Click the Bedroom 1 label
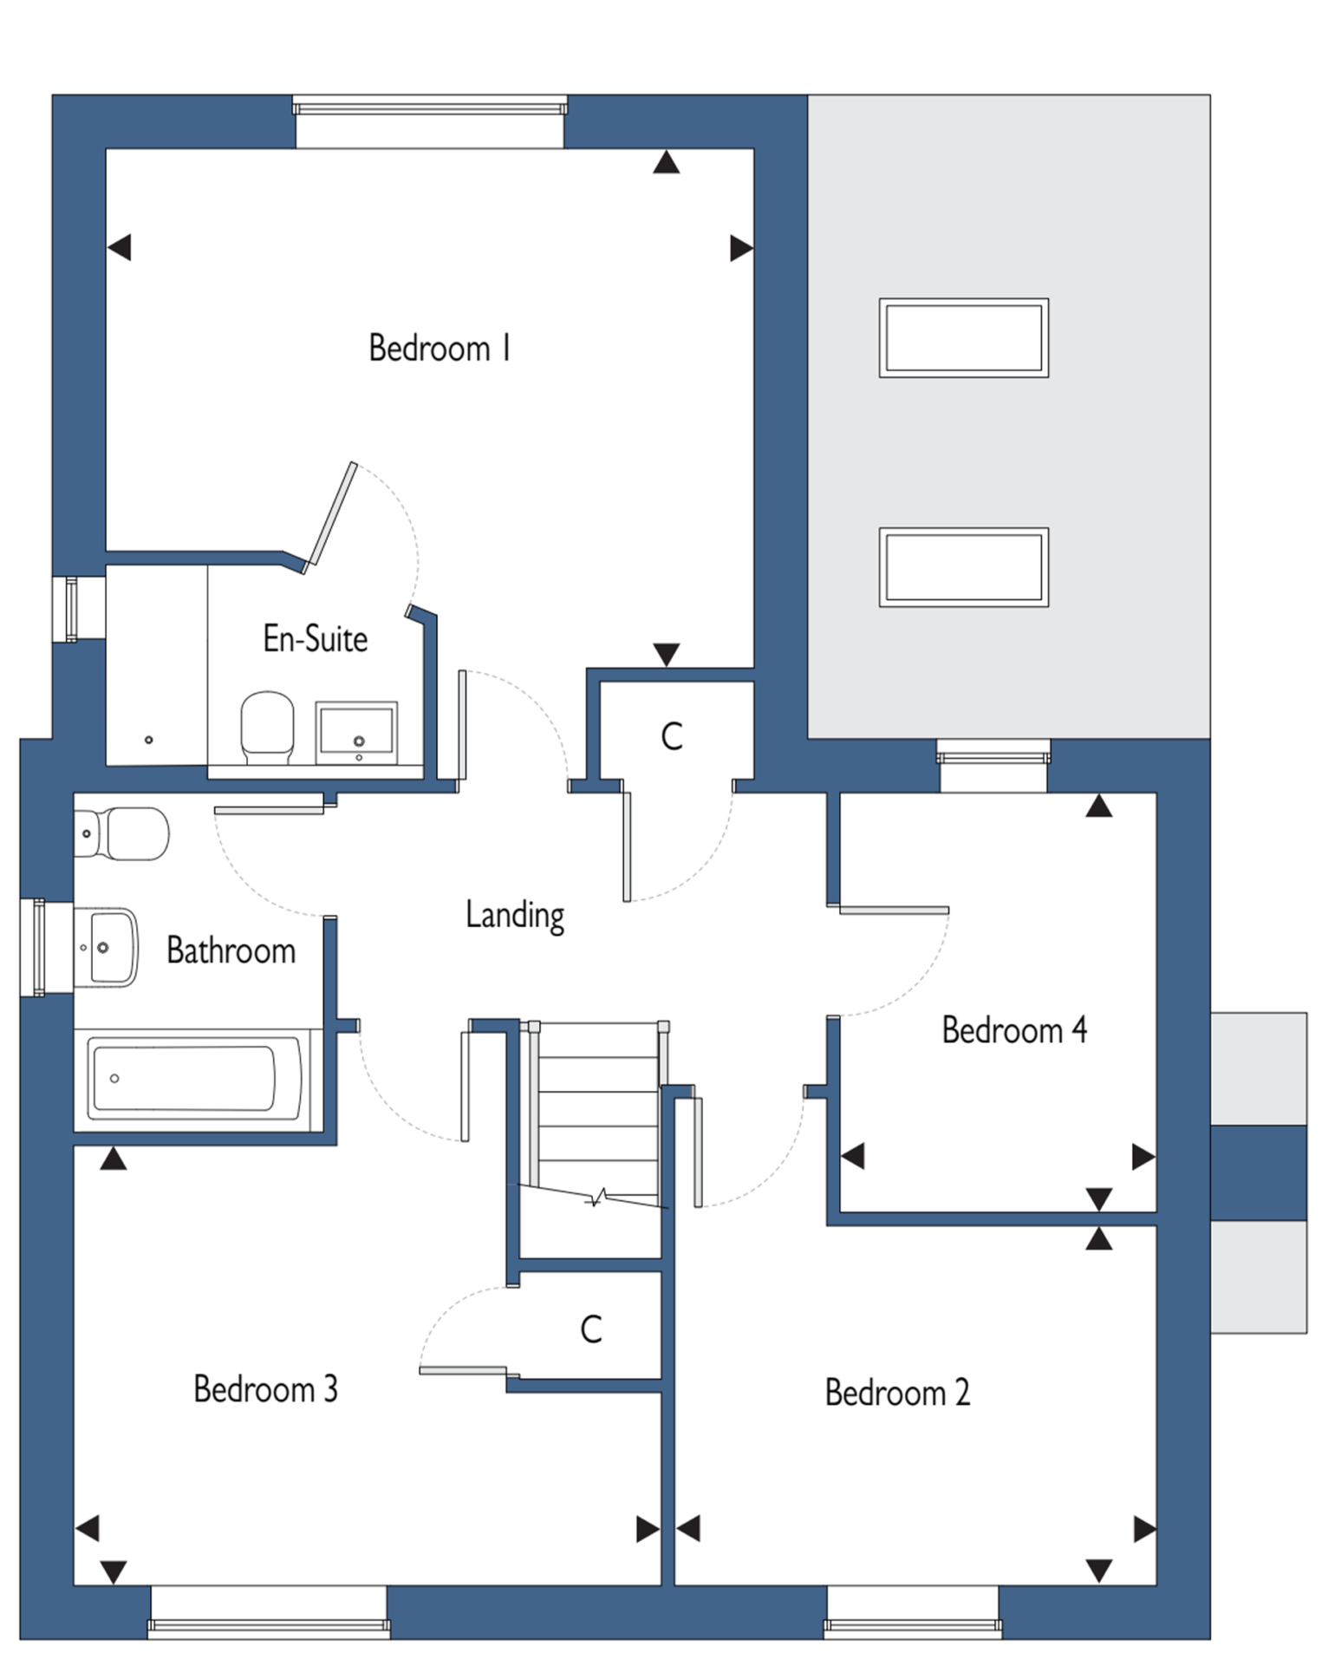point(440,349)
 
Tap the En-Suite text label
point(316,639)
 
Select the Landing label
point(515,916)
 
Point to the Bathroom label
point(231,950)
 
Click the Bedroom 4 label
point(1014,1030)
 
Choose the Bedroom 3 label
point(265,1389)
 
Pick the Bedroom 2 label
point(897,1393)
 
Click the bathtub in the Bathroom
point(197,1080)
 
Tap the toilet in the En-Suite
point(267,727)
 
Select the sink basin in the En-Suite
point(356,733)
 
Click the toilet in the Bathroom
point(120,833)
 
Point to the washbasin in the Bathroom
point(106,947)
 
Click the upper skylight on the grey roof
point(963,337)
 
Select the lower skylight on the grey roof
point(963,566)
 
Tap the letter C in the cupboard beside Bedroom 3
point(591,1329)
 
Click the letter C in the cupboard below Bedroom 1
point(672,737)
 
